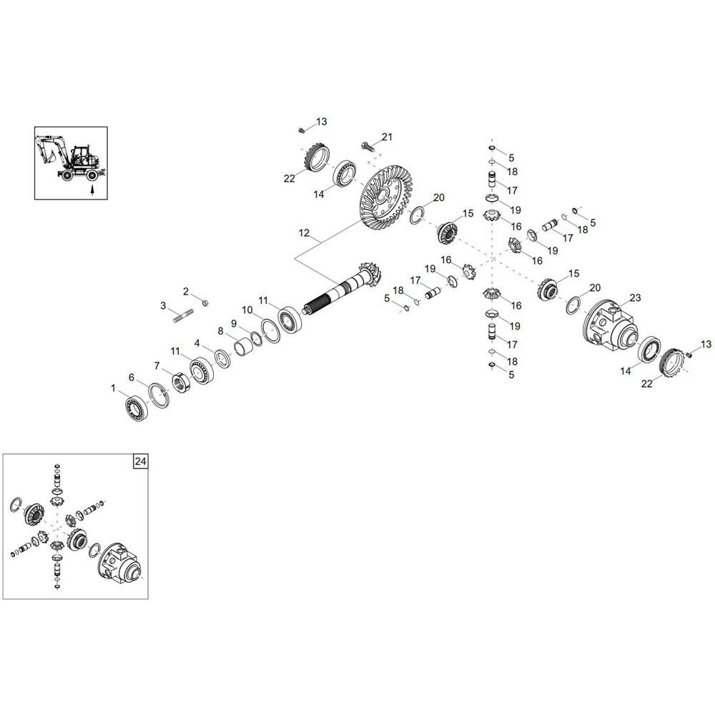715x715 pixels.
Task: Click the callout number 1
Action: coord(113,388)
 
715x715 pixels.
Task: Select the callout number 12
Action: coord(304,233)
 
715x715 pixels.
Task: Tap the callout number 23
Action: coord(635,297)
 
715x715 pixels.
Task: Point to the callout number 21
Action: coord(387,137)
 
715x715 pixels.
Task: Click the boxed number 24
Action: coord(140,461)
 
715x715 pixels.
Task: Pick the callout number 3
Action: coord(163,305)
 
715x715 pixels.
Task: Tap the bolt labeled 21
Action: coord(367,147)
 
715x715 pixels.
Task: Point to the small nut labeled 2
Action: coord(205,302)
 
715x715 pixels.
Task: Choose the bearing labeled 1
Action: coord(137,406)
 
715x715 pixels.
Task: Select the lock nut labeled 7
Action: coord(182,382)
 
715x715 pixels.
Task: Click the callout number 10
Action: coord(247,310)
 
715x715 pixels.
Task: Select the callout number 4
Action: coord(197,343)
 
